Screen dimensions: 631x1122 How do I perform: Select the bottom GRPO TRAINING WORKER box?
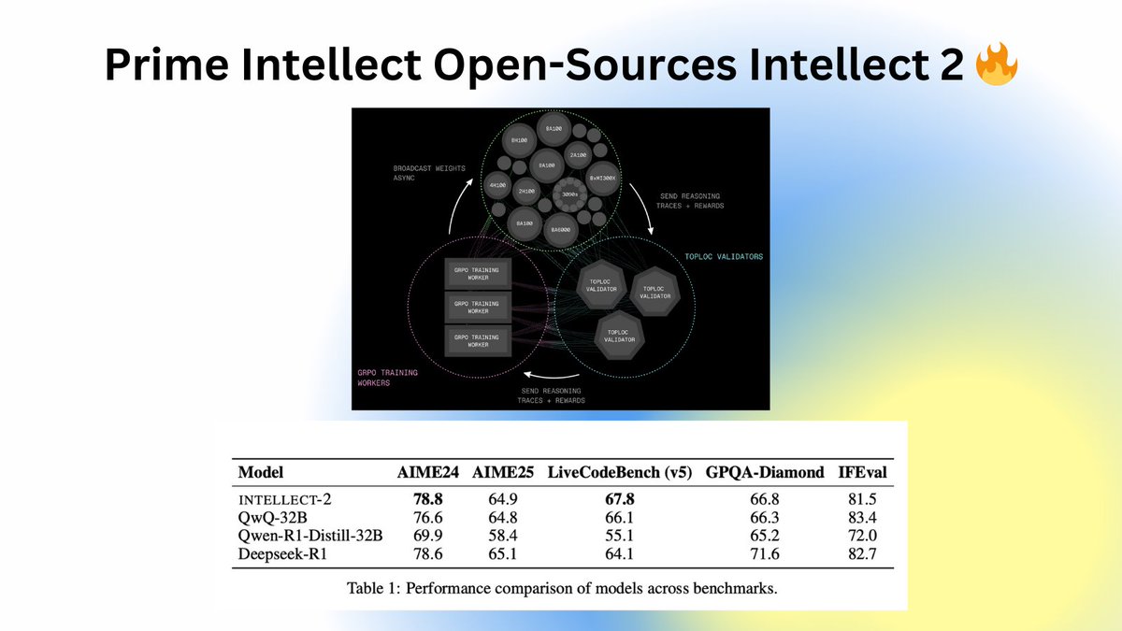click(477, 339)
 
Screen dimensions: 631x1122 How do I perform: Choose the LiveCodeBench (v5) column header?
click(620, 472)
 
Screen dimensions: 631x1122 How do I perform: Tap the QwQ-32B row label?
click(271, 517)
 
